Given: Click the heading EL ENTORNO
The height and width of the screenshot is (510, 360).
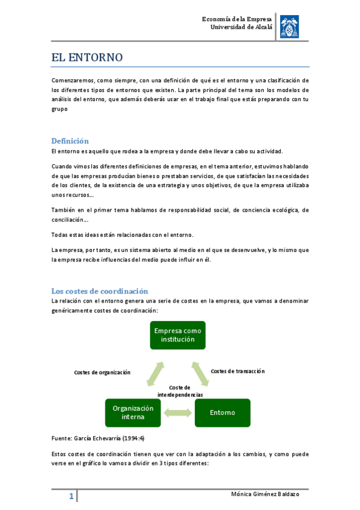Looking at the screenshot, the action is point(87,58).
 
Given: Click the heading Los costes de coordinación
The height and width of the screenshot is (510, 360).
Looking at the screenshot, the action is point(99,290).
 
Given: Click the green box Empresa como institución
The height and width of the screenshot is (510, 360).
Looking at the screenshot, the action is point(177,335).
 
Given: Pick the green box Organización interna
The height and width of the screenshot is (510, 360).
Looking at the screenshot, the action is point(133,413).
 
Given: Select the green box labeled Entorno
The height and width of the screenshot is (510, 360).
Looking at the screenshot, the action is point(222,413).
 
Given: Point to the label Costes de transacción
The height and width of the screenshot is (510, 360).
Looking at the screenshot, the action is point(237,371).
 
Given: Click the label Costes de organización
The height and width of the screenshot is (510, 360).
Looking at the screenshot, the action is point(102,372).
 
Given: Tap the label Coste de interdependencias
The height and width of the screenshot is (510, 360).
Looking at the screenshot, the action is point(180,391).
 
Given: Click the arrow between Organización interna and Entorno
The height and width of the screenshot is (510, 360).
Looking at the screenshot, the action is point(177,413).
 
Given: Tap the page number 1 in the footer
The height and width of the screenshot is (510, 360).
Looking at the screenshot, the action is point(71,497).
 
